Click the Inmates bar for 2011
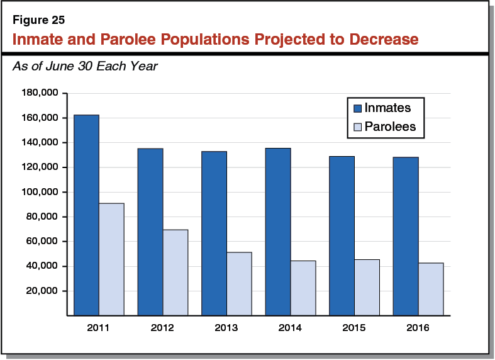(86, 215)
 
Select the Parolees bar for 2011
(111, 259)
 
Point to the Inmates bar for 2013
(214, 233)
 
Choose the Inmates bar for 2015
(342, 235)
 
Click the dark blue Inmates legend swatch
(356, 108)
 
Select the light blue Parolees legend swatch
(356, 127)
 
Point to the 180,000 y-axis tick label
(40, 93)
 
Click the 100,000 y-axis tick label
(40, 192)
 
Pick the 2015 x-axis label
(354, 328)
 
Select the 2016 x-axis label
(418, 328)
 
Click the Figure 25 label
(38, 20)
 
